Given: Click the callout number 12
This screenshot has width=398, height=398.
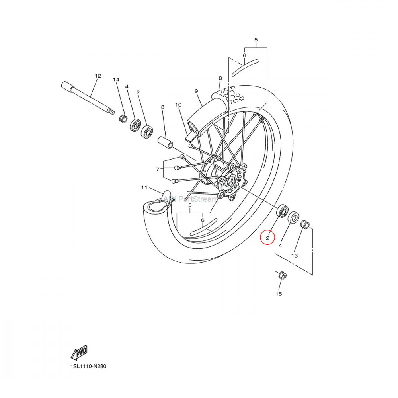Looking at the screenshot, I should [98, 76].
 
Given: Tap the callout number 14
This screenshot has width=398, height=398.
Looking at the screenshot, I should [116, 80].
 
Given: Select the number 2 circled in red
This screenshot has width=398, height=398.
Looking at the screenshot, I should [268, 238].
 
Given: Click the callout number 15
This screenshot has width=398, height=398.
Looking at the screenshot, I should [279, 294].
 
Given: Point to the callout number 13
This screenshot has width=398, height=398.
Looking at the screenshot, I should [294, 256].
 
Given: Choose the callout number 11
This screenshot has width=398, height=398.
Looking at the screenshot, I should [144, 187].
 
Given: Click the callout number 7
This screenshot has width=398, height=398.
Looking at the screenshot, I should [158, 169].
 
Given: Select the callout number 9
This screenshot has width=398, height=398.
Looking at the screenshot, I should [196, 91].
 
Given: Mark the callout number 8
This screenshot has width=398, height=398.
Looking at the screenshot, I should [220, 78].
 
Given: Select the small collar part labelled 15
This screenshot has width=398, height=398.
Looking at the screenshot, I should [281, 275].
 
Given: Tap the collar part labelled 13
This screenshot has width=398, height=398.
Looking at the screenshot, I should [305, 224].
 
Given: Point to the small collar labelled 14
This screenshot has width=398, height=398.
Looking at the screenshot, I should [123, 119].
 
